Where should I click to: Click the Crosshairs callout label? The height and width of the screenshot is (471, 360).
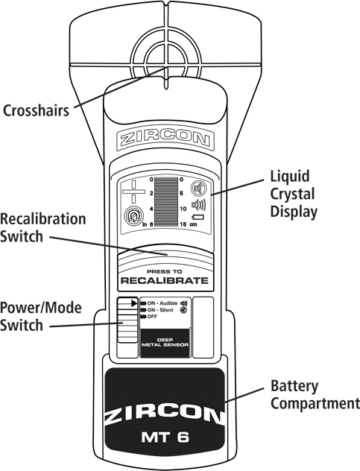coord(36,110)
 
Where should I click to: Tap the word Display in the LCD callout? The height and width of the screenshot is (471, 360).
coord(294,212)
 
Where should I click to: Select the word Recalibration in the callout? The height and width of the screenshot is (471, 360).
coord(43,218)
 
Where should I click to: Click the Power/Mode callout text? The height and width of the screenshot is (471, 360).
coord(40,308)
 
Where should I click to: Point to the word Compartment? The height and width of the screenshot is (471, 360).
coord(315,403)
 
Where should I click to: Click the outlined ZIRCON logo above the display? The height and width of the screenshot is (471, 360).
coord(165,139)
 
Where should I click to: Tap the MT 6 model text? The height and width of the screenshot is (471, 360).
coord(165,437)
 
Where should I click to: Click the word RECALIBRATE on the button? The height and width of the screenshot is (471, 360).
coord(165,281)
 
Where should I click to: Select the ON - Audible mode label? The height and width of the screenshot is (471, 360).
coord(162,303)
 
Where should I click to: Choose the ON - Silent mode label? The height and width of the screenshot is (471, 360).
coord(160,310)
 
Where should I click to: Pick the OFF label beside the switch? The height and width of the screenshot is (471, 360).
coord(152,317)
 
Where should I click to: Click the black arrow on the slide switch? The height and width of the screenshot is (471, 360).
coord(134,303)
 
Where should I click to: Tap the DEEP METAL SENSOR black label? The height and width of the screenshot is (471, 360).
coord(165,343)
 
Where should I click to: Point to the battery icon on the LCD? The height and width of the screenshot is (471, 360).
coord(198,217)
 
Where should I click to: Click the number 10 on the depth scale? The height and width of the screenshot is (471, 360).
coord(183,209)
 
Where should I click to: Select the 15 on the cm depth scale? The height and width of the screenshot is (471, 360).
coord(183,224)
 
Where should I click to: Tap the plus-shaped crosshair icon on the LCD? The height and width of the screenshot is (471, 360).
coord(133,192)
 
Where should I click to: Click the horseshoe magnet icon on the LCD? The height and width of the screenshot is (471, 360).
coord(133,216)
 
